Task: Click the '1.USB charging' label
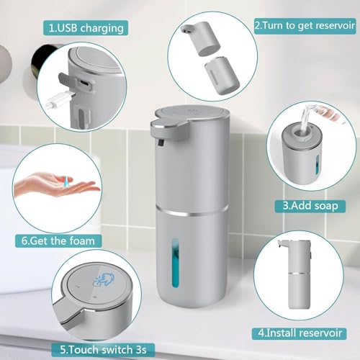[x=86, y=28]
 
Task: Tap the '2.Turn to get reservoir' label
[x=305, y=25]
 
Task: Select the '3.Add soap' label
[x=310, y=206]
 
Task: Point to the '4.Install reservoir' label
[x=300, y=333]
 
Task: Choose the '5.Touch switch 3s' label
[x=103, y=349]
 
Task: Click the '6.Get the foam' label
[x=58, y=240]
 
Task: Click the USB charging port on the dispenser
[x=84, y=83]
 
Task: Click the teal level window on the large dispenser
[x=176, y=263]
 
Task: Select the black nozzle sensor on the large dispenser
[x=161, y=143]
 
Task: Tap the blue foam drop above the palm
[x=66, y=181]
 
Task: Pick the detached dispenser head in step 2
[x=201, y=38]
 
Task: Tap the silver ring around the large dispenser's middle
[x=192, y=210]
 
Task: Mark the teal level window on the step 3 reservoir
[x=318, y=164]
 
